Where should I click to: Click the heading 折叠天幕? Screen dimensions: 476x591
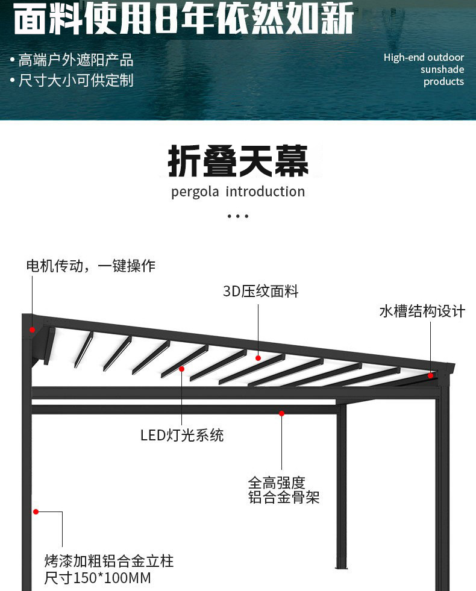click(x=238, y=161)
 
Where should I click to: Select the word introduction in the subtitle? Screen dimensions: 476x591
click(x=265, y=192)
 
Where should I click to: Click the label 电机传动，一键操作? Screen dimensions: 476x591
click(x=90, y=266)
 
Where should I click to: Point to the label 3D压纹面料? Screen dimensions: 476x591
click(x=260, y=292)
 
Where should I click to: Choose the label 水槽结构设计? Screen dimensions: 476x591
click(x=422, y=311)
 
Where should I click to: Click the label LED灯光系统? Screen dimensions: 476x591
click(x=182, y=435)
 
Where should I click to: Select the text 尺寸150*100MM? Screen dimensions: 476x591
click(x=98, y=578)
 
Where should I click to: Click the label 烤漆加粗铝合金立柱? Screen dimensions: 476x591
click(x=109, y=561)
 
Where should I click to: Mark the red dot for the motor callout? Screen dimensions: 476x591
click(x=32, y=330)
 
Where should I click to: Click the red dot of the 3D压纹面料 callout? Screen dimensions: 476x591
click(x=258, y=358)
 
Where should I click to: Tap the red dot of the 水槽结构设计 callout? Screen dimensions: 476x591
click(x=430, y=375)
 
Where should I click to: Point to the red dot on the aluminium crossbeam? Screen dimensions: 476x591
click(x=281, y=413)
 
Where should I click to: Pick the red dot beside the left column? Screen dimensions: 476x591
click(x=36, y=511)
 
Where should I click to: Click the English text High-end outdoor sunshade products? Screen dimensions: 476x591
click(x=424, y=69)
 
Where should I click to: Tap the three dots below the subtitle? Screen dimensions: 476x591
click(x=238, y=216)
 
